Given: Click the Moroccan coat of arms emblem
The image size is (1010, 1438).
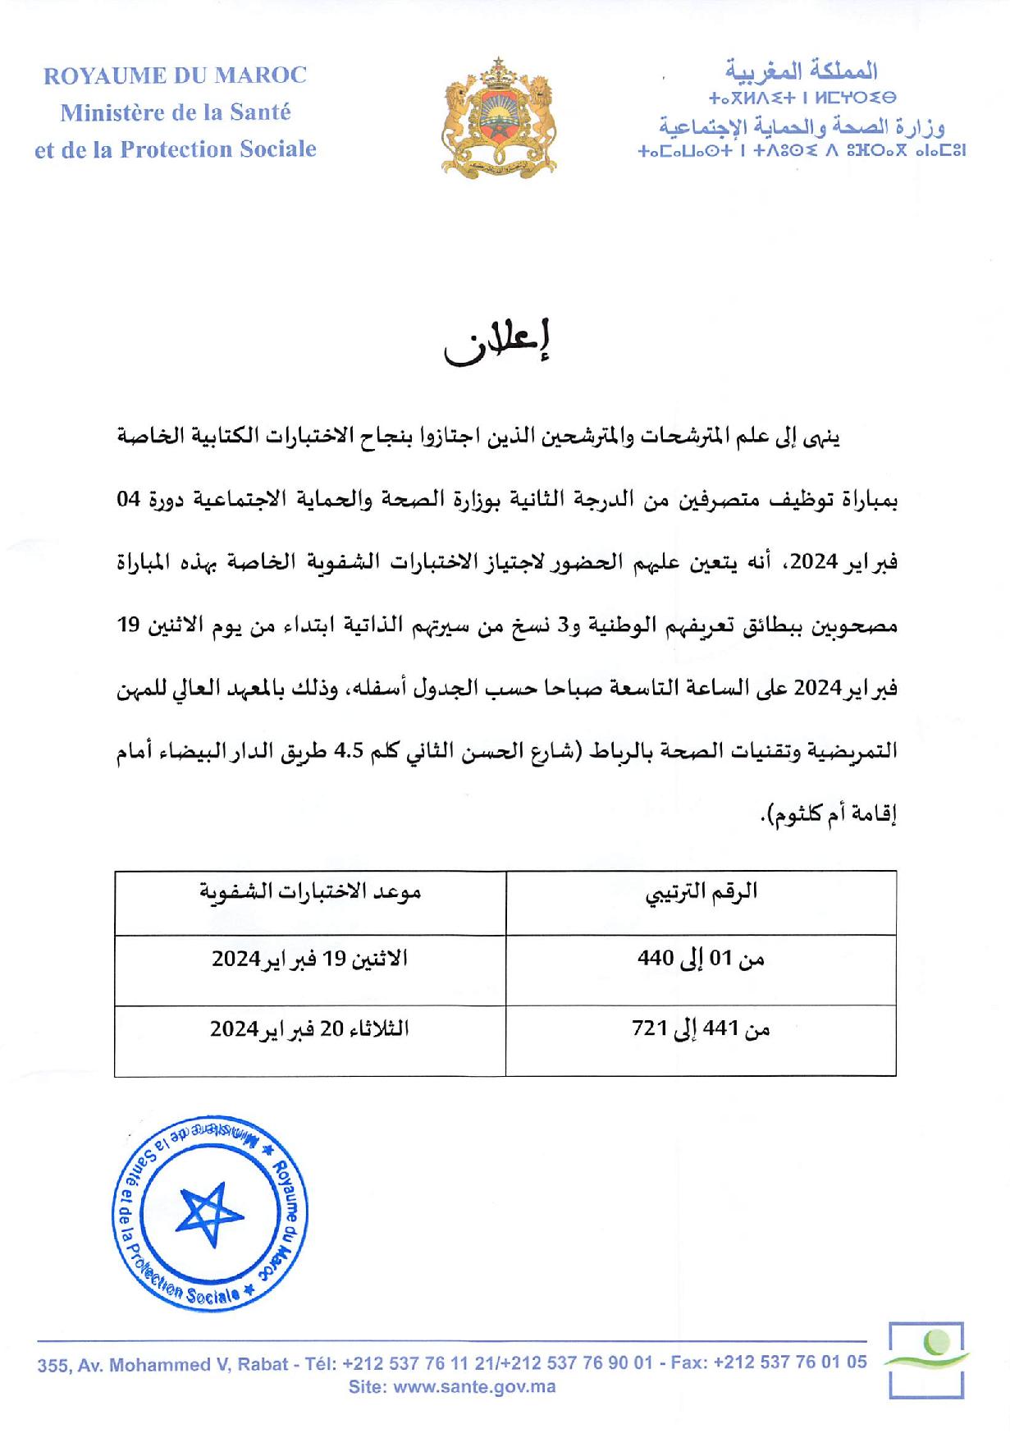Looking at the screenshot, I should click(498, 116).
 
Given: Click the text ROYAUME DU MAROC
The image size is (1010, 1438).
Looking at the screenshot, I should click(175, 76).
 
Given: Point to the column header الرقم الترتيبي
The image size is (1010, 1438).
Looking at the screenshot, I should click(701, 892).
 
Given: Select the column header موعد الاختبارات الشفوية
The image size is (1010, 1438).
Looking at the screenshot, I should click(310, 892).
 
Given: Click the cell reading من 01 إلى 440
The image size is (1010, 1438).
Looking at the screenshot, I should click(701, 959).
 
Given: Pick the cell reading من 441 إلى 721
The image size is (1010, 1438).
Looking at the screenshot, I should click(701, 1028).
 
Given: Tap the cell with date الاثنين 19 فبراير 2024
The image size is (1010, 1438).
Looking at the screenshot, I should click(309, 959).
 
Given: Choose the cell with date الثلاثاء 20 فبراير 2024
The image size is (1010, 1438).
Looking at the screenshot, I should click(309, 1028).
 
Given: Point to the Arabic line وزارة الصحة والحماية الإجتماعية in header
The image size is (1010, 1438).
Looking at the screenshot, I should click(802, 128).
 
